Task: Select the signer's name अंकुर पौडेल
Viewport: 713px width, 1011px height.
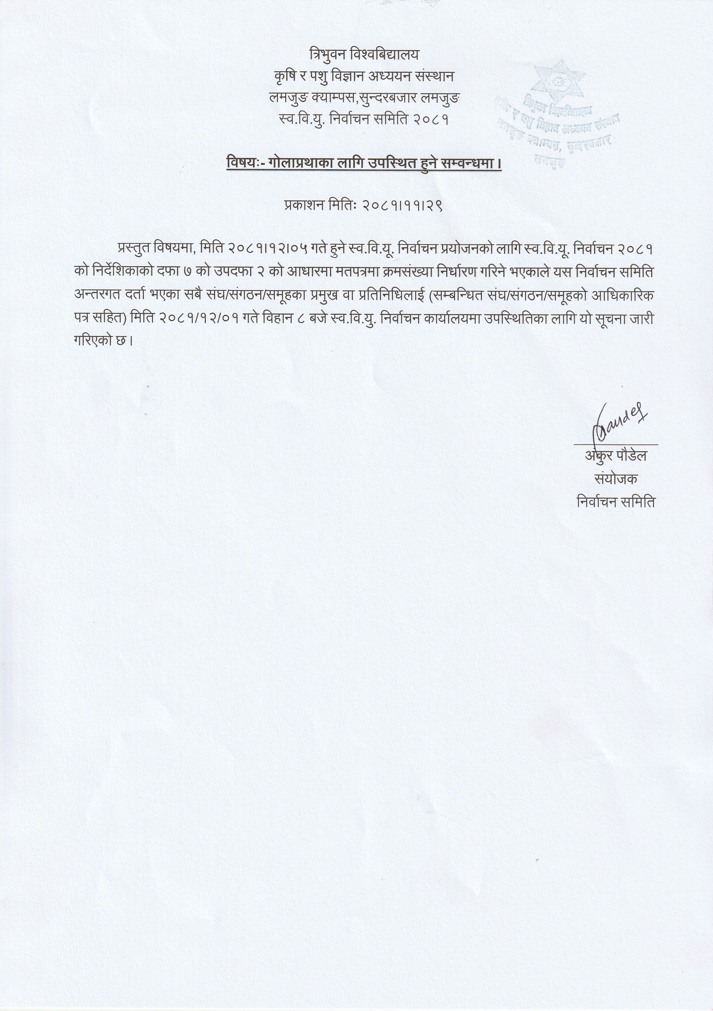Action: pos(616,456)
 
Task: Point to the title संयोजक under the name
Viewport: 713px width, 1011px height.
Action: pos(616,479)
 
